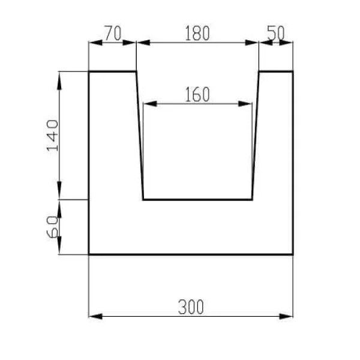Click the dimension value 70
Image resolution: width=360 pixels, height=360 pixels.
[x=113, y=33]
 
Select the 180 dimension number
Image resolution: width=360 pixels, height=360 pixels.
[x=197, y=33]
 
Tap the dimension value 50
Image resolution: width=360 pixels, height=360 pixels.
[x=276, y=33]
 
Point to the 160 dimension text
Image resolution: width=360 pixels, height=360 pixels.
[x=197, y=94]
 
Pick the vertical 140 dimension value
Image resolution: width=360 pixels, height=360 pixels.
[x=52, y=136]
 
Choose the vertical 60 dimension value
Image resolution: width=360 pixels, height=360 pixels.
[x=52, y=227]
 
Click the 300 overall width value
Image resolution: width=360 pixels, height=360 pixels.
[x=191, y=307]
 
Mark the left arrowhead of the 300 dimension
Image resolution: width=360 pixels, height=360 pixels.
[x=95, y=316]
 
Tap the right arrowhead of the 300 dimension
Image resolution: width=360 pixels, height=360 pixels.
[x=286, y=316]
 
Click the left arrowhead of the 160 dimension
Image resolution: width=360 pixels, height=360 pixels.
[x=150, y=104]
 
